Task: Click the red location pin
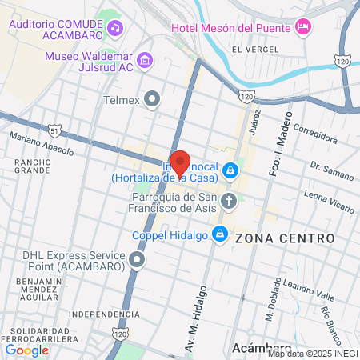click(180, 163)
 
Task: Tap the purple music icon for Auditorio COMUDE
click(116, 29)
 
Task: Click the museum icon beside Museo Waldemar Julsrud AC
click(145, 60)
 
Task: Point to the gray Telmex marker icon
click(153, 100)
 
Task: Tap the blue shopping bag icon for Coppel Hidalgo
click(218, 234)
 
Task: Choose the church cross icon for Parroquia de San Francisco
click(230, 201)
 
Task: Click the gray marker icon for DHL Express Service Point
click(138, 260)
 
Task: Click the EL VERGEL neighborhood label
click(248, 50)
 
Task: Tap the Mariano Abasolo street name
click(42, 144)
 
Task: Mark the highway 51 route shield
click(54, 129)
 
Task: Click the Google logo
click(26, 350)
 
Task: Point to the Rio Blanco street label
click(330, 318)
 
